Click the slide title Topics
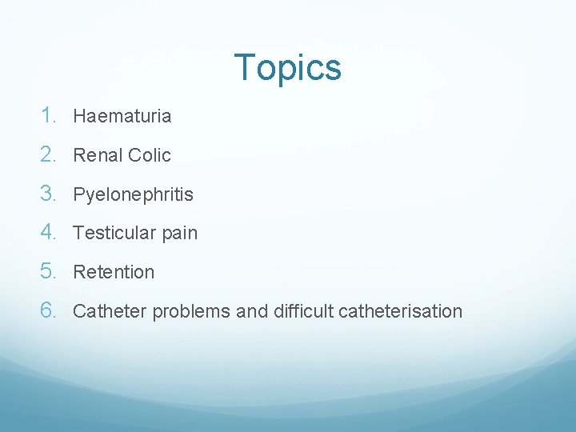tap(288, 68)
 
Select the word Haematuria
tap(122, 116)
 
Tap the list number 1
tap(50, 115)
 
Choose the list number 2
tap(50, 154)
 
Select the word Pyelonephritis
tap(133, 194)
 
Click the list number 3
tap(50, 194)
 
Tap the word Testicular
tap(112, 233)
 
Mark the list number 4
tap(50, 232)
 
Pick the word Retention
tap(114, 272)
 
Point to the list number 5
tap(50, 271)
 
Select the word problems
tap(191, 312)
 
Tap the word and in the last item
tap(251, 311)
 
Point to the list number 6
tap(50, 310)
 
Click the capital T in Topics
tap(245, 68)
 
